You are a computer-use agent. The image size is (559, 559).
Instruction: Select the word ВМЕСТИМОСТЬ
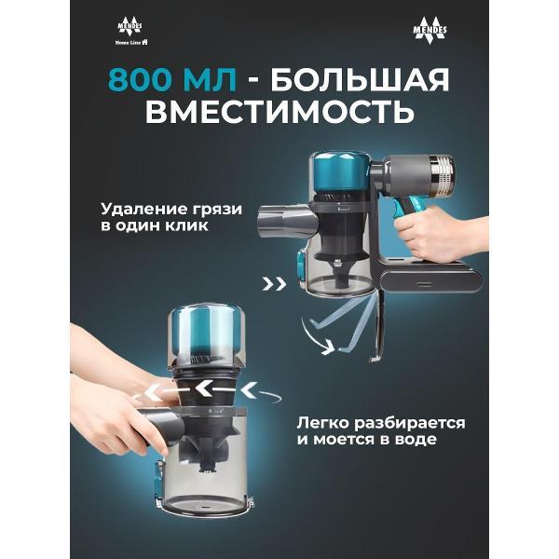(x=279, y=112)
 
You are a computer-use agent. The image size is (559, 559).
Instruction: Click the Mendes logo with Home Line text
(x=131, y=33)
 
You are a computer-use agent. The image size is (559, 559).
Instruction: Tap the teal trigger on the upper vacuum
(x=402, y=213)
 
